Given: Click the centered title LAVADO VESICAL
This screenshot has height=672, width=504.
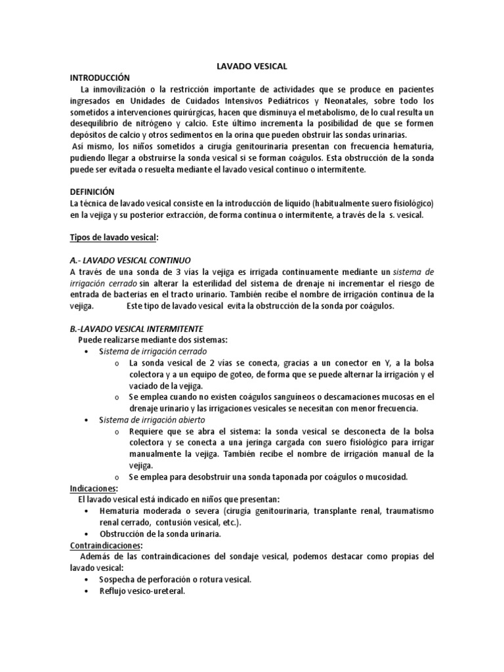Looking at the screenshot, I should (252, 66).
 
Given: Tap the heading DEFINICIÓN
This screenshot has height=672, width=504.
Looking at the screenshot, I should (92, 192).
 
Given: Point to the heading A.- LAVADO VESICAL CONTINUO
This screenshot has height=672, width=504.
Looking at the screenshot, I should (130, 259).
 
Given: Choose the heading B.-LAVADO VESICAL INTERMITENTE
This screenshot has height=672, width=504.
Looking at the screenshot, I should (136, 328).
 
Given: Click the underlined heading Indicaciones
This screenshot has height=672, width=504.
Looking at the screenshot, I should (93, 488).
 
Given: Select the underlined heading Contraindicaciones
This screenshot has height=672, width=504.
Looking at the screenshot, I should (106, 545).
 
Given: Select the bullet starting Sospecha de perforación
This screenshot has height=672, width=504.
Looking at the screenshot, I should (175, 579).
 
